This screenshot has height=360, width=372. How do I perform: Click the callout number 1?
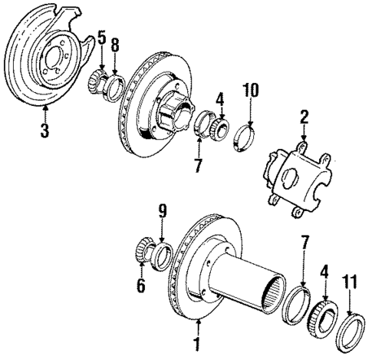click(x=197, y=343)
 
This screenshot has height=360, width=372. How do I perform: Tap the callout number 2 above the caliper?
click(x=305, y=117)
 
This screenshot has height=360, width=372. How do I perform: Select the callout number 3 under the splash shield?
click(x=44, y=131)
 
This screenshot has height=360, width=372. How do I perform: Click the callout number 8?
click(x=116, y=45)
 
